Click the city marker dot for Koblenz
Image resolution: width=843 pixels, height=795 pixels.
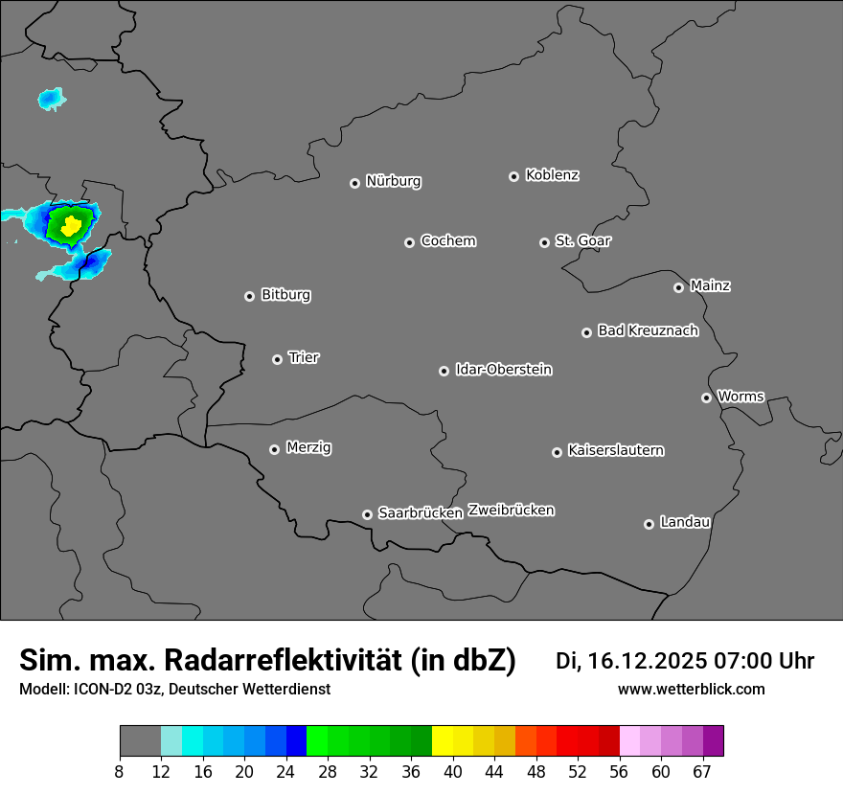(x=513, y=176)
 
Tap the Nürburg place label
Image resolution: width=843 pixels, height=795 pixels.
(x=393, y=181)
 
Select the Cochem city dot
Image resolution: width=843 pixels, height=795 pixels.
(x=409, y=242)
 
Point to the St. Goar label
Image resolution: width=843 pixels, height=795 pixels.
(x=582, y=240)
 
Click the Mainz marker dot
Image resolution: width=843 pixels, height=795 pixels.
(x=678, y=287)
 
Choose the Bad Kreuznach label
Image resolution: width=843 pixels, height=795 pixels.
(x=648, y=330)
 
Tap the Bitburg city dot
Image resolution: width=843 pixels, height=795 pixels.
(x=249, y=296)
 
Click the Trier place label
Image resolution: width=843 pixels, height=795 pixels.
(x=304, y=357)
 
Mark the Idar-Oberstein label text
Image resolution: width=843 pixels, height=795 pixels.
(x=503, y=369)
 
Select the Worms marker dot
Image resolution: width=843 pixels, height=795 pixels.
(x=706, y=397)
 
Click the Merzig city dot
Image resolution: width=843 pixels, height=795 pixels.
(x=274, y=449)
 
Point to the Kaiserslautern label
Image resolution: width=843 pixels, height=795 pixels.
(x=615, y=450)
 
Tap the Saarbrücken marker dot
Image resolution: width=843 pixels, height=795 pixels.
(x=367, y=514)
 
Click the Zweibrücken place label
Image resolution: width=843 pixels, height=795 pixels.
(x=511, y=510)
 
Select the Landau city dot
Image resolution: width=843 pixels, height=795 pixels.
(x=649, y=524)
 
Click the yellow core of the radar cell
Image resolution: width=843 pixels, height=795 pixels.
(x=70, y=225)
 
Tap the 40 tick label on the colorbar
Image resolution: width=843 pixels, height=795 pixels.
(x=453, y=772)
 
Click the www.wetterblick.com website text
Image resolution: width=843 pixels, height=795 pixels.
(x=691, y=690)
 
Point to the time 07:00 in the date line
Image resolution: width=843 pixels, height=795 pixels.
(x=744, y=661)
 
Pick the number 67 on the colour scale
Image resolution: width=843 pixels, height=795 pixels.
(x=702, y=772)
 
